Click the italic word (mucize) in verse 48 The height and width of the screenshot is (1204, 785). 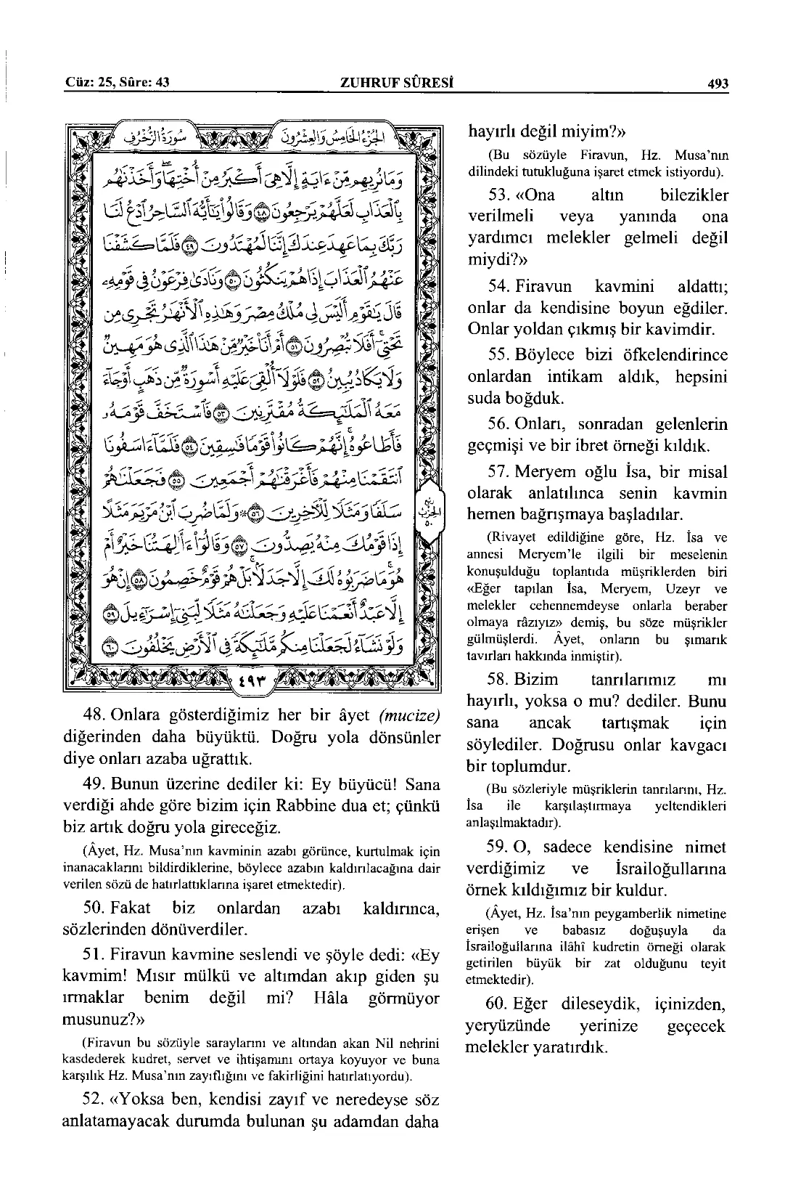pyautogui.click(x=409, y=715)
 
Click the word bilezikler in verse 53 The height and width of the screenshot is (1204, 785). pyautogui.click(x=694, y=195)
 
